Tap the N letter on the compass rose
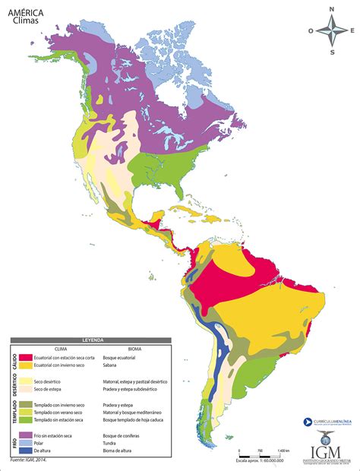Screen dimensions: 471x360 point(331,10)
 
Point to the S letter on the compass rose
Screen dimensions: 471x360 point(331,52)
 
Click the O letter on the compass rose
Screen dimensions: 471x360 point(311,31)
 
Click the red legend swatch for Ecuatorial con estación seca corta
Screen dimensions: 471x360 point(26,357)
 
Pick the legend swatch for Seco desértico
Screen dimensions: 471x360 point(26,381)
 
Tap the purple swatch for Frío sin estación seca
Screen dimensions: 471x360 point(26,435)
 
